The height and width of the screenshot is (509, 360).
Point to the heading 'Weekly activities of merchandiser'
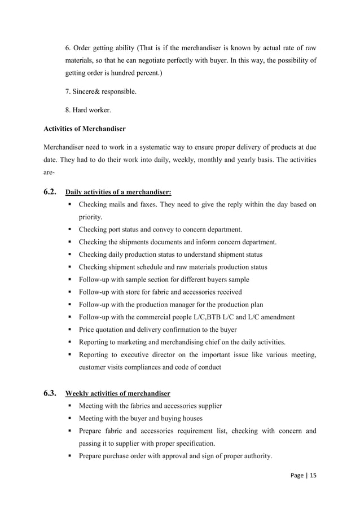[118, 393]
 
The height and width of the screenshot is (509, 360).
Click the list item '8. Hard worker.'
[90, 110]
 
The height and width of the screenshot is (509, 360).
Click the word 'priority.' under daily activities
[91, 217]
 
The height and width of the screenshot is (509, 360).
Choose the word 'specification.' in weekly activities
[192, 444]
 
